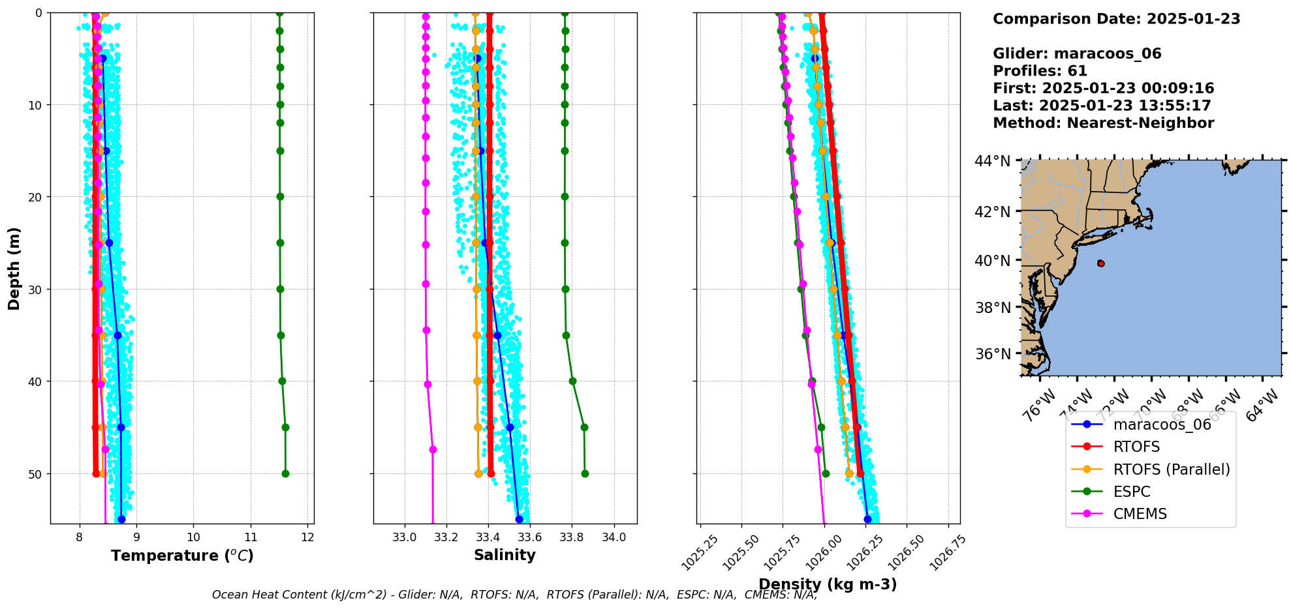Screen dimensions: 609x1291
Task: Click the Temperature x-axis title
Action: coord(182,556)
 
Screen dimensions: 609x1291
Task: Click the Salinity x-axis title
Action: coord(505,555)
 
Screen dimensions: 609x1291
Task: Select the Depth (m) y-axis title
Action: coord(14,268)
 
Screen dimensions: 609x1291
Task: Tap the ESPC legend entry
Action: coord(1132,492)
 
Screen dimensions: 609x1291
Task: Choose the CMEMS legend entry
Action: coord(1140,514)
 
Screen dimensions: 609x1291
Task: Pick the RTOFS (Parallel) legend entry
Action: coord(1171,469)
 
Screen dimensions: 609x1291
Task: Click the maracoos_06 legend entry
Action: coord(1162,425)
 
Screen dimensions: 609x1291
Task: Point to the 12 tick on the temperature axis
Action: coord(308,537)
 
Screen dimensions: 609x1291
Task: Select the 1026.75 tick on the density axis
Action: coord(947,553)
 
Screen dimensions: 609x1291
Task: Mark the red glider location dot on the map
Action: coord(1101,263)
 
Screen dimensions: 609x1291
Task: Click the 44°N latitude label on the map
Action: coord(992,160)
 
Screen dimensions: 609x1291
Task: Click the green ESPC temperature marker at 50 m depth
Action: coord(285,473)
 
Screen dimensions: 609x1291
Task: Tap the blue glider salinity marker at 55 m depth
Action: coord(519,519)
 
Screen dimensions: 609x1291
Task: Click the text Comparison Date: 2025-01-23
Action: coord(1116,19)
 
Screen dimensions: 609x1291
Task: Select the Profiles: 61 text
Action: coord(1040,71)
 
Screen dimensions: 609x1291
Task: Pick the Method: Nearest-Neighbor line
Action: coord(1103,123)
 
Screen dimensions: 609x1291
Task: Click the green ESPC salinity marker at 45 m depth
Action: coord(584,428)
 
